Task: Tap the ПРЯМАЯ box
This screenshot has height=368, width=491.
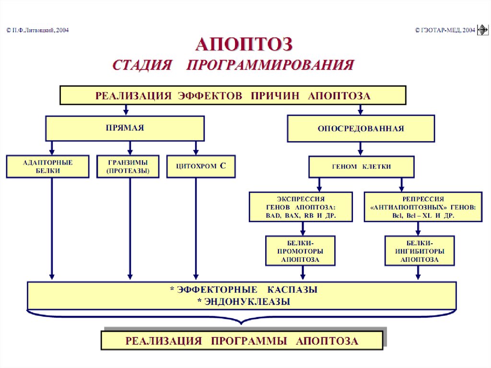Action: coord(125,128)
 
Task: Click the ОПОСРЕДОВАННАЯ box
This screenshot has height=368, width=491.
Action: coord(361,129)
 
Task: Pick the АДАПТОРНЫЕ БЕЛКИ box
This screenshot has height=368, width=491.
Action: coord(47,166)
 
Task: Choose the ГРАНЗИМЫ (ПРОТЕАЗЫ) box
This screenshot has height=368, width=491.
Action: coord(128,166)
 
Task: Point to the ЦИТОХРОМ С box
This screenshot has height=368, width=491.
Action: coord(201,166)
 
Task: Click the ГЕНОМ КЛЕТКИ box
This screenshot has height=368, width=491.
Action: coord(361,167)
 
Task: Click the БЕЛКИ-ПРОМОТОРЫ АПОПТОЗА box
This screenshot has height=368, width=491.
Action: coord(301,250)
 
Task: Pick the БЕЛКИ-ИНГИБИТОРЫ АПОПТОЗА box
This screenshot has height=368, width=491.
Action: coord(419,250)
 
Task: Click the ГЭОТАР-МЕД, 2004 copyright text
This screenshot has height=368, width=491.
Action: coord(445,30)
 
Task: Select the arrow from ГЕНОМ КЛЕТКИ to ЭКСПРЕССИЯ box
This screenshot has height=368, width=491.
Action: coord(318,185)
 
